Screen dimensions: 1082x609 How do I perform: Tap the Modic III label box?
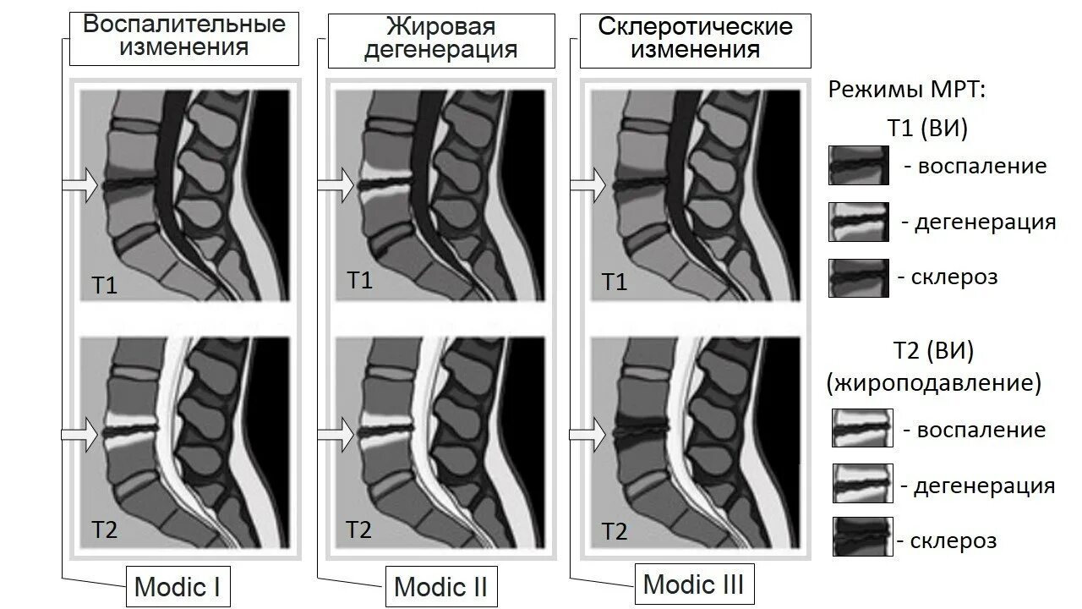(693, 584)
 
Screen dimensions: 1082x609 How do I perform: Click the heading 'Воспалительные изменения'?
(183, 36)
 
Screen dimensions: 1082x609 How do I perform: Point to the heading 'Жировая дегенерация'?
(440, 37)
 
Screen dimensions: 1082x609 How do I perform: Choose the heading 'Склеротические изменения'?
(695, 38)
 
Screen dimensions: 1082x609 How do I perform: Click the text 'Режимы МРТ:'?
(908, 90)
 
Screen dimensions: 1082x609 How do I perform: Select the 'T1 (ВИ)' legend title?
(927, 129)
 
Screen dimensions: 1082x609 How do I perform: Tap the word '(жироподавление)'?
(934, 383)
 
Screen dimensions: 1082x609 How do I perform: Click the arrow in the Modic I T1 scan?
(81, 184)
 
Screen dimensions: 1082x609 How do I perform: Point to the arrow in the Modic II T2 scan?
(336, 434)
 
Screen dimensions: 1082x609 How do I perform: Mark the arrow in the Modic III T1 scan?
(588, 184)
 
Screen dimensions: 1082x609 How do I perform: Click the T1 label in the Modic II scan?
(359, 280)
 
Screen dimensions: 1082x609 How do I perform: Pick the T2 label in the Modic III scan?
(614, 531)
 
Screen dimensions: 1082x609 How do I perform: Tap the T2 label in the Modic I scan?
(105, 530)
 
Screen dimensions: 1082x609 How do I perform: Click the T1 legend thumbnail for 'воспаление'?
(858, 165)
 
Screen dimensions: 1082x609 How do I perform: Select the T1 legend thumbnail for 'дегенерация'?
(858, 222)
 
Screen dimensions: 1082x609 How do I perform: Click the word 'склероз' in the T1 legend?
(955, 277)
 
